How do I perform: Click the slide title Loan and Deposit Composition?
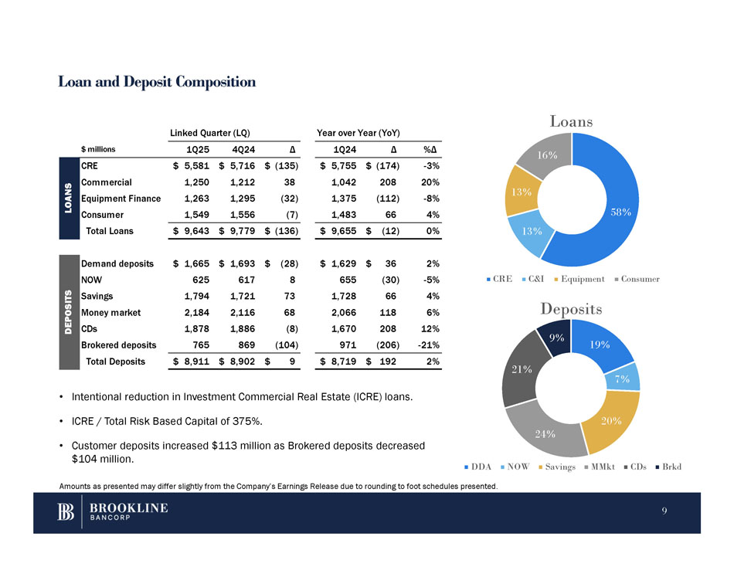157,82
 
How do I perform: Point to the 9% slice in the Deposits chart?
556,338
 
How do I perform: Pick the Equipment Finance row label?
121,199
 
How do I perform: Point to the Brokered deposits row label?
119,345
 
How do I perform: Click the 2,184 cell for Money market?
197,312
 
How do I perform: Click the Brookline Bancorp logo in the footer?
113,511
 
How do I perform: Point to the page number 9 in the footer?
664,511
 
